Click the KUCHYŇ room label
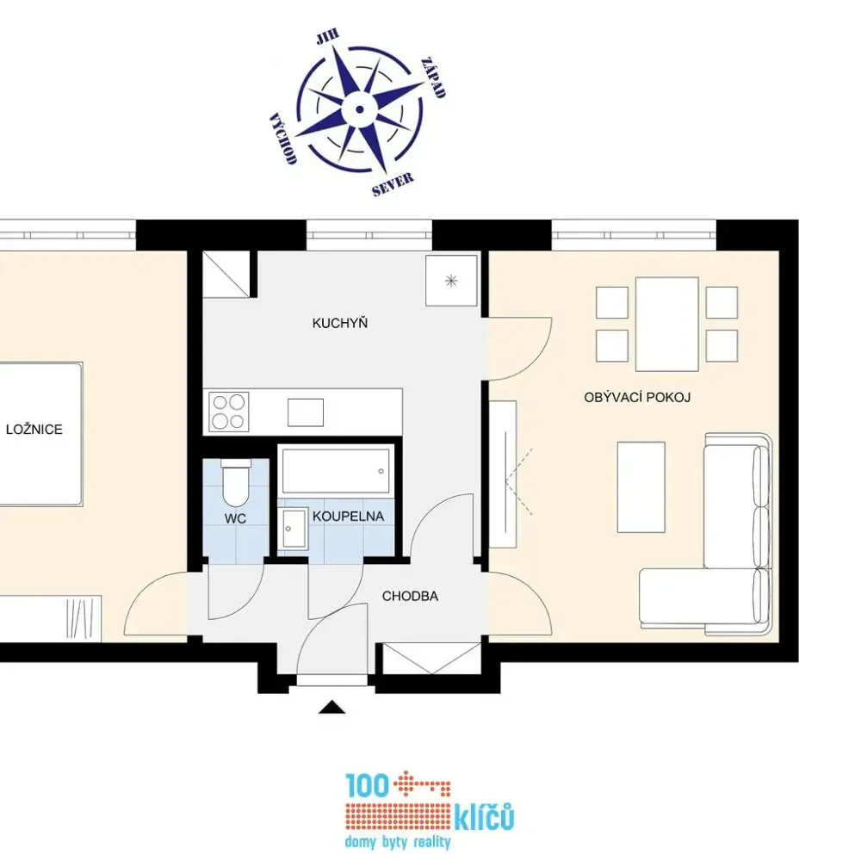pyautogui.click(x=340, y=323)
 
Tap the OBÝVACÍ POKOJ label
pyautogui.click(x=637, y=398)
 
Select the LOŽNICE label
pyautogui.click(x=34, y=430)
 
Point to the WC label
pyautogui.click(x=236, y=518)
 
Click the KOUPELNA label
pyautogui.click(x=348, y=516)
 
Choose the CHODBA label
pyautogui.click(x=410, y=597)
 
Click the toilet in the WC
pyautogui.click(x=236, y=484)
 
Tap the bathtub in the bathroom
pyautogui.click(x=336, y=471)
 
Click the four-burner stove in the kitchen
pyautogui.click(x=229, y=412)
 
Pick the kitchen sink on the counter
pyautogui.click(x=306, y=412)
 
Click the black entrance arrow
pyautogui.click(x=332, y=707)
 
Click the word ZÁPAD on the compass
pyautogui.click(x=433, y=77)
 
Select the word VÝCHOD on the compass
pyautogui.click(x=283, y=139)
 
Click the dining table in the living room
pyautogui.click(x=667, y=325)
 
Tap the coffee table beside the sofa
pyautogui.click(x=641, y=487)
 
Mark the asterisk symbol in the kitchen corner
pyautogui.click(x=451, y=282)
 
